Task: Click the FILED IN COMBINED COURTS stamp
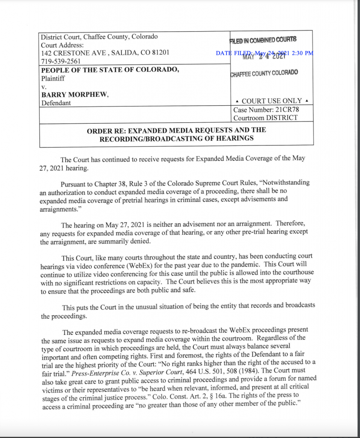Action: [263, 40]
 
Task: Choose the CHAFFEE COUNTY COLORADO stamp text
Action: [264, 73]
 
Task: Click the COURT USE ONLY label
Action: [271, 101]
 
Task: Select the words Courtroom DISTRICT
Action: [265, 118]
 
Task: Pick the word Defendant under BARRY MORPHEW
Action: [56, 103]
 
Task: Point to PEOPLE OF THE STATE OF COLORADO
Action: [110, 70]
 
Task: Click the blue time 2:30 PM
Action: [302, 53]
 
